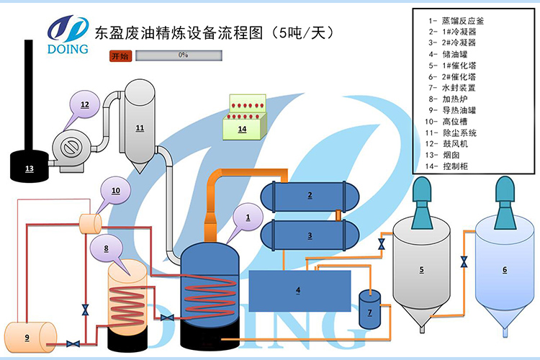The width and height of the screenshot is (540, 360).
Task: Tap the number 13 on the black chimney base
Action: coord(29,168)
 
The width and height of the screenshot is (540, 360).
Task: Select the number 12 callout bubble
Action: coord(85,105)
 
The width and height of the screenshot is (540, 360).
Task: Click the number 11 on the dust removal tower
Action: coord(140,128)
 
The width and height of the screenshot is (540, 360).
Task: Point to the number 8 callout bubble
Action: coord(107,248)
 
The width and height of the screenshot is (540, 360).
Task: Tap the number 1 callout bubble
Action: coord(248,216)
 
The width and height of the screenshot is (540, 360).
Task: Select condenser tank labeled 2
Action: coord(310,194)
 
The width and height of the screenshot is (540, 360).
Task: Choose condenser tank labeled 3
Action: coord(310,235)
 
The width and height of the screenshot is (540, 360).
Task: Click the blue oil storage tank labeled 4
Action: coord(300,290)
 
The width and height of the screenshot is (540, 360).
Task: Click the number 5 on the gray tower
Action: coord(420,269)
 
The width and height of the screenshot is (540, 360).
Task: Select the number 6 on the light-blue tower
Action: coord(504,269)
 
